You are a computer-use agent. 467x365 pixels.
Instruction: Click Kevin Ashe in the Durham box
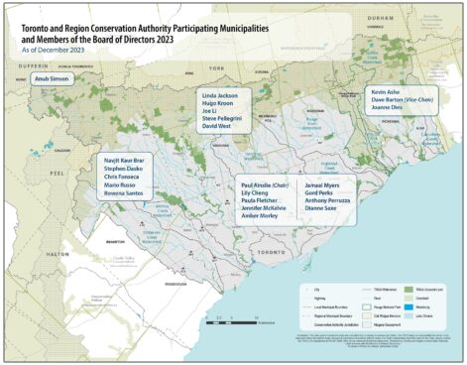[x=385, y=90]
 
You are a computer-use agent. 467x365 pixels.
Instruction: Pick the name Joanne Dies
[x=388, y=108]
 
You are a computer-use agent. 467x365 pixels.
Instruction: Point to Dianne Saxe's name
[x=323, y=210]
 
